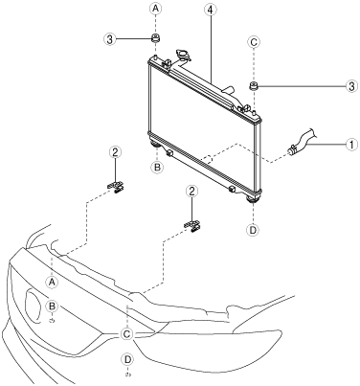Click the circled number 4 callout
pos(210,10)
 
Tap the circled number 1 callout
pos(351,145)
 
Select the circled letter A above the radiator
pos(155,9)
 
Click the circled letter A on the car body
pos(52,282)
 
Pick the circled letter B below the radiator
pos(157,167)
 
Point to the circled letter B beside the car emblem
pos(52,307)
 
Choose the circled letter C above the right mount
pos(254,42)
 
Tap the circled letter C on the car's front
pos(126,334)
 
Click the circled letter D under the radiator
pos(253,230)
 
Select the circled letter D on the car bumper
pos(127,359)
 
